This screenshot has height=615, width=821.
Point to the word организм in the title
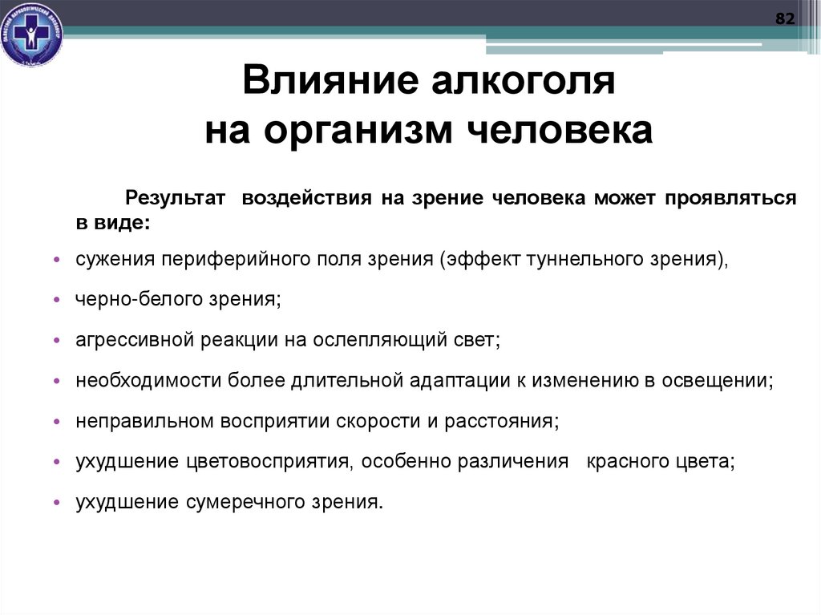point(348,130)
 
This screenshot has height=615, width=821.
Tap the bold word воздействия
point(307,198)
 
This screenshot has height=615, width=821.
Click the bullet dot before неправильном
point(57,422)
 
